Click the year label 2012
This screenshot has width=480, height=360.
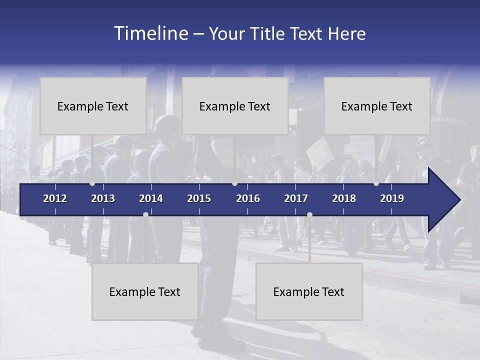[x=55, y=198]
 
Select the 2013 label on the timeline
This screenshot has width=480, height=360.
[x=103, y=198]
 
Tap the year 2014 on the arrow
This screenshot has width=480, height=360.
[x=151, y=198]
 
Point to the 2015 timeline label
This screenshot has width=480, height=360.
[x=199, y=198]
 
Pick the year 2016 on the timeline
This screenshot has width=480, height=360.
[x=248, y=198]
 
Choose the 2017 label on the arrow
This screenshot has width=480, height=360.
[x=296, y=198]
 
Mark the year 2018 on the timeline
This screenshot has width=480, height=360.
[x=344, y=198]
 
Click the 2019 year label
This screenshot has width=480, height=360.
[x=392, y=198]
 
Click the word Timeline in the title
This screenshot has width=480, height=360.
[x=150, y=33]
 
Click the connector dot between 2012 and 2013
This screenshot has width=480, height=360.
[x=92, y=183]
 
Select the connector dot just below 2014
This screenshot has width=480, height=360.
[x=145, y=214]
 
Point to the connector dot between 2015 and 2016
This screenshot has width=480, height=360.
[x=234, y=183]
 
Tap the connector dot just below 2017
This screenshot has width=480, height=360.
[x=309, y=214]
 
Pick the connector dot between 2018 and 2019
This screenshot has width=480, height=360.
[x=376, y=183]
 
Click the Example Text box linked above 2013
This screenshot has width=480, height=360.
[x=93, y=106]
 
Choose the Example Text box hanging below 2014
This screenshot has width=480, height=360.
[x=145, y=291]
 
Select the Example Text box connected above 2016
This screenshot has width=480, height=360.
[x=235, y=106]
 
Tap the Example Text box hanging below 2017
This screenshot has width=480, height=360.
[x=309, y=291]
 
